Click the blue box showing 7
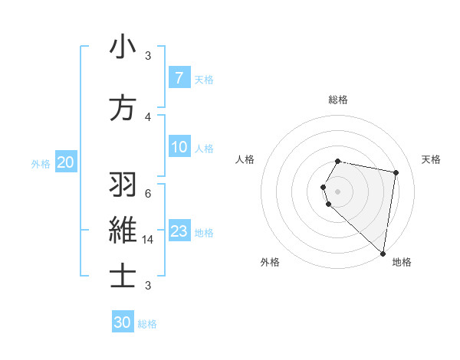tap(179, 78)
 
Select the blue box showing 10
tap(179, 147)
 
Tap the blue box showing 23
tap(179, 231)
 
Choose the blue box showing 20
tap(65, 162)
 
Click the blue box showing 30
tap(123, 322)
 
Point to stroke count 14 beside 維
tap(149, 240)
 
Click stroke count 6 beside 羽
tap(148, 194)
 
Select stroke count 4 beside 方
tap(148, 116)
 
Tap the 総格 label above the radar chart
tap(338, 100)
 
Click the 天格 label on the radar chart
tap(432, 159)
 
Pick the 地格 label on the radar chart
tap(402, 262)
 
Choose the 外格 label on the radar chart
tap(270, 262)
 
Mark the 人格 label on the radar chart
tap(245, 159)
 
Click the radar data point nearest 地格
tap(383, 253)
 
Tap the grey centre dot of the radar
tap(338, 191)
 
